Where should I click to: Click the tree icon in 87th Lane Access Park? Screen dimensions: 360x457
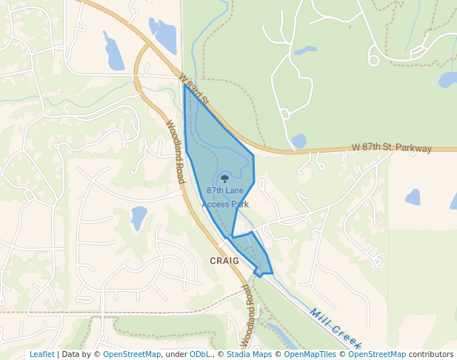click(224, 178)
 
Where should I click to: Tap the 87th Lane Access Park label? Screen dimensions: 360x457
click(225, 197)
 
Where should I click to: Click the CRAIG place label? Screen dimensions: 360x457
click(224, 261)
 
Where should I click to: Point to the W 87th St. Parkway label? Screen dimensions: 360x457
click(391, 148)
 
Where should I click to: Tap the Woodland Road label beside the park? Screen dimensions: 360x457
click(175, 152)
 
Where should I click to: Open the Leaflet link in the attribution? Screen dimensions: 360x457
click(41, 354)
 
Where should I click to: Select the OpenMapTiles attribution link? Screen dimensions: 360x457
click(310, 354)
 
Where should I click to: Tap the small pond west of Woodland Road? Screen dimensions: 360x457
click(139, 217)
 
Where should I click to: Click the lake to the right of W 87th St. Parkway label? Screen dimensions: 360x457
click(413, 197)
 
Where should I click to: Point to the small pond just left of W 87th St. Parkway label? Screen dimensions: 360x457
click(298, 141)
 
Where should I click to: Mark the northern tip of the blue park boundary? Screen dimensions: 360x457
click(184, 84)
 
